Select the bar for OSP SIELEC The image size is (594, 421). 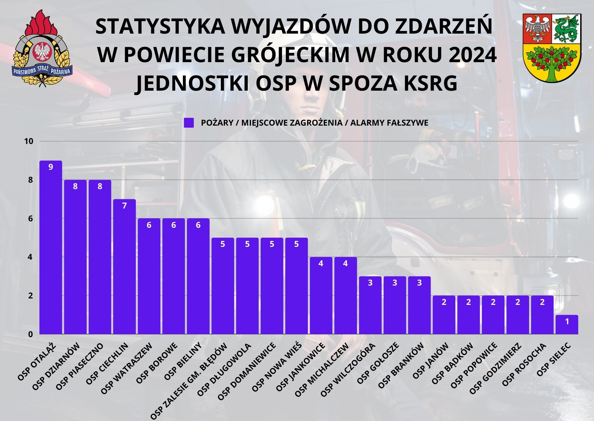(567, 325)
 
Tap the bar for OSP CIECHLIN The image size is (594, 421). (124, 267)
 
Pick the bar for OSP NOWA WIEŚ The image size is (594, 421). (296, 286)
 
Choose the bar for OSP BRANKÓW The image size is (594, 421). (419, 305)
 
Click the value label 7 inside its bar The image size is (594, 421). (124, 206)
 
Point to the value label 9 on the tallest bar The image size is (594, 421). (51, 167)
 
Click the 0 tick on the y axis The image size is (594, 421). (31, 334)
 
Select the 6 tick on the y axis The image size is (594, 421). (31, 219)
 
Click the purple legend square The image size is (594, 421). (189, 123)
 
